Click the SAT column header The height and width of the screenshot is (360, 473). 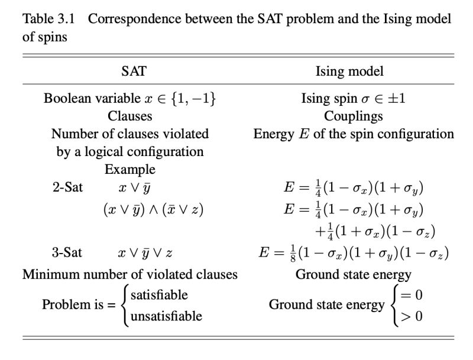pos(134,72)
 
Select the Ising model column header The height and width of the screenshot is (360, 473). pos(349,72)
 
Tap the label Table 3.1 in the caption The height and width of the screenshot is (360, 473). pos(49,18)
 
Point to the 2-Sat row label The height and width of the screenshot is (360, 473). pos(67,188)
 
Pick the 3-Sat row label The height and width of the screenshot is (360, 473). pos(67,253)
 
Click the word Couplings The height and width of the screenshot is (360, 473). pos(353,116)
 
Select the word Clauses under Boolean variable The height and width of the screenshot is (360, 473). pos(130,116)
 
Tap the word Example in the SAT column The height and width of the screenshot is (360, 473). pos(130,170)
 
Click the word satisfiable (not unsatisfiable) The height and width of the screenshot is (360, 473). pos(158,294)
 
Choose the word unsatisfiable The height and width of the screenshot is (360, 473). pos(166,316)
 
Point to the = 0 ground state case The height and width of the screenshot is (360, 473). pos(412,294)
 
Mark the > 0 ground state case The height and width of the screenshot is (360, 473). pos(412,316)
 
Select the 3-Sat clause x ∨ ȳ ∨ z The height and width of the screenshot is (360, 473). pos(145,253)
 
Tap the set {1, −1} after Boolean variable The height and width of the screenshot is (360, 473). pos(192,98)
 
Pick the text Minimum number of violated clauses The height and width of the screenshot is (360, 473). pos(130,274)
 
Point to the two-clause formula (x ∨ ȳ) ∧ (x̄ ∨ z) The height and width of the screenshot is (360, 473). pos(153,210)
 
